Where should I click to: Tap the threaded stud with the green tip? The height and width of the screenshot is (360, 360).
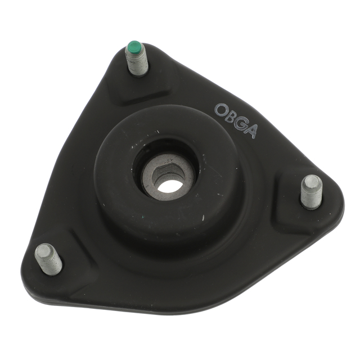[x=136, y=58]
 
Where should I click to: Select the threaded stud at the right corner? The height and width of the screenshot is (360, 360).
[x=311, y=191]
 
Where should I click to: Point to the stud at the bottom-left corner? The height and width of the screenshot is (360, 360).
[x=48, y=259]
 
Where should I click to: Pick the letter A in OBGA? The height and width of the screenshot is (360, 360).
[x=251, y=131]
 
